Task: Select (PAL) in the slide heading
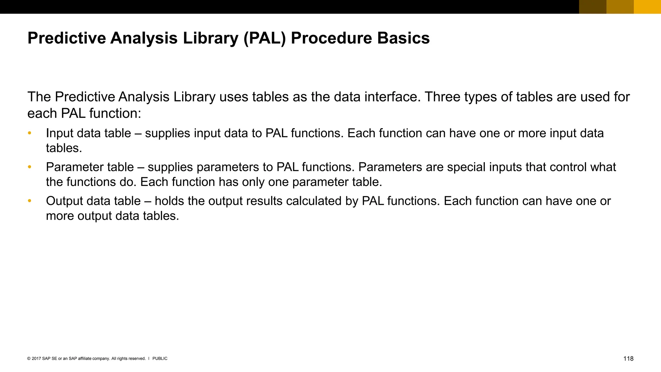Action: [265, 38]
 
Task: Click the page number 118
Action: [628, 358]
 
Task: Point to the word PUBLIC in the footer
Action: [160, 358]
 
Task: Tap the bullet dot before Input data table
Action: [29, 133]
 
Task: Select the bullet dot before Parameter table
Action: [29, 167]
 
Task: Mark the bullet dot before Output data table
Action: [29, 201]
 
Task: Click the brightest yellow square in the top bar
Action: [647, 7]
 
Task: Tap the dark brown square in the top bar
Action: [593, 7]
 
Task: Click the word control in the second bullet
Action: [568, 167]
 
